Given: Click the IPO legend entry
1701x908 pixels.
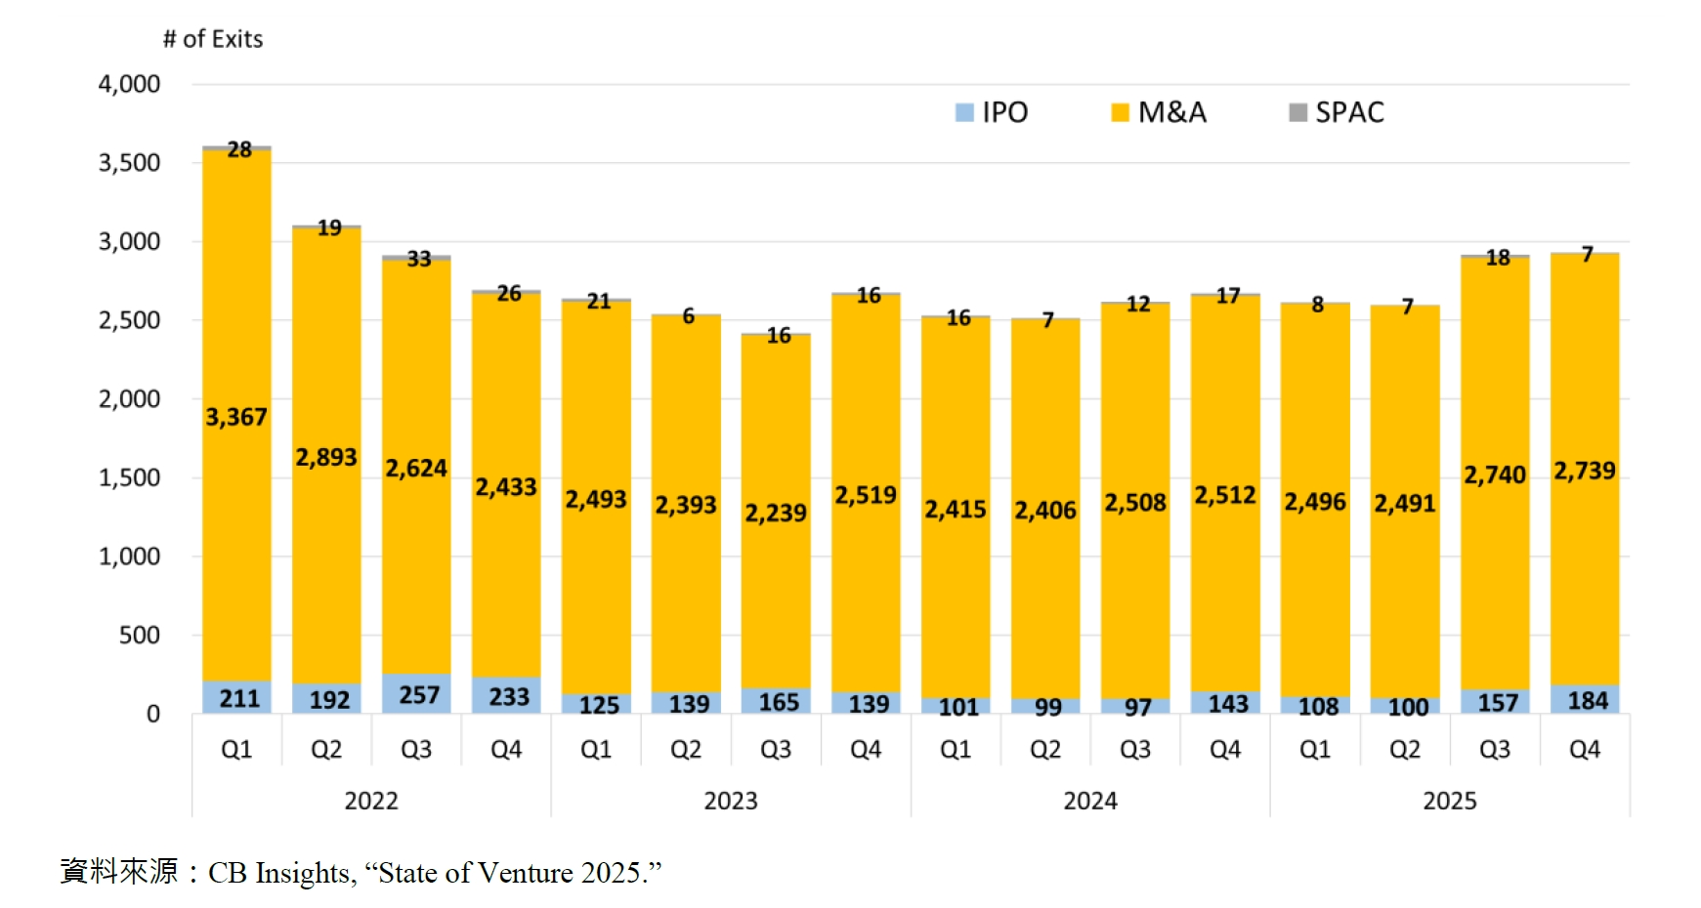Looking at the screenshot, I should pos(993,112).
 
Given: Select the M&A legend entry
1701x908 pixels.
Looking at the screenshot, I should pos(1160,112).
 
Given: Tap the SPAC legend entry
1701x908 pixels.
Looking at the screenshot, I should pos(1337,112).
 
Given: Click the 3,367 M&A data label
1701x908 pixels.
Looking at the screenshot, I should pos(235,417).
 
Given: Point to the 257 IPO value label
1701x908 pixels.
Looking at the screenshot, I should pos(419,695).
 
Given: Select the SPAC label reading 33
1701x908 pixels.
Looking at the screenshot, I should pos(419,259).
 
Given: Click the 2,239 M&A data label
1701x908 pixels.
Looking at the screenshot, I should pos(776,513).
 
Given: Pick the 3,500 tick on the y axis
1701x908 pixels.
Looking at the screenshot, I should pos(129,163).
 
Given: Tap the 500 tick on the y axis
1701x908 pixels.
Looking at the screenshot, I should pos(139,636).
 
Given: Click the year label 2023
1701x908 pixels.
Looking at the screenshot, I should pos(731,801).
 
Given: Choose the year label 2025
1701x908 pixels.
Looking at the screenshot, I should pos(1450,801).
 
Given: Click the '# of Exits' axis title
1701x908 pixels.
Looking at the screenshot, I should pos(213,39).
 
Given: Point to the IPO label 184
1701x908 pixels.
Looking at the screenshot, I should pos(1588,700).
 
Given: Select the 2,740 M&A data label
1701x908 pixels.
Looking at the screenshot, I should pos(1494,475).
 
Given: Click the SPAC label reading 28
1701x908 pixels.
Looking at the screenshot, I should pos(239,149).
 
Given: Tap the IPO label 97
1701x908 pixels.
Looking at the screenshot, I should pos(1137,707).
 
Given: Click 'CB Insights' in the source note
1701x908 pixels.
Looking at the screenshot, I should pos(279,872).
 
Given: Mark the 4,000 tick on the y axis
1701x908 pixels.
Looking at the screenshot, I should pos(129,84).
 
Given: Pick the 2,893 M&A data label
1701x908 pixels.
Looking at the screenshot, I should pos(326,457).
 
